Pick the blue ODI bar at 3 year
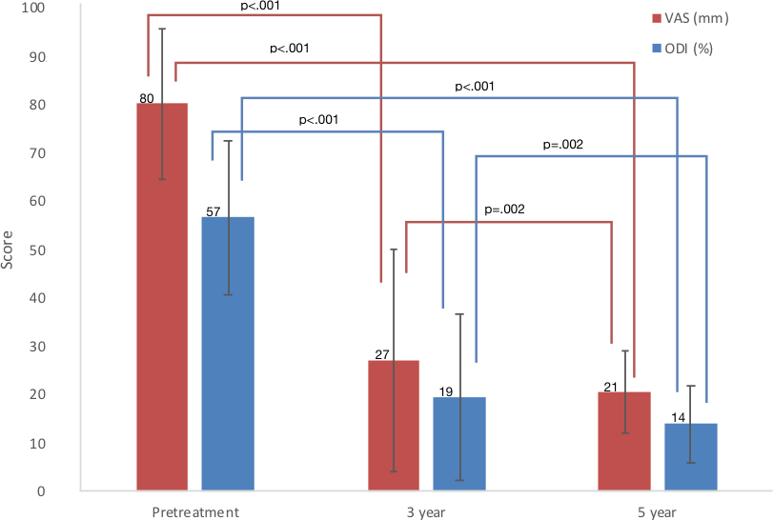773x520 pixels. (x=459, y=444)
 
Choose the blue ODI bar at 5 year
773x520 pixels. (x=690, y=457)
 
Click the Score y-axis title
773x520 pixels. (x=9, y=250)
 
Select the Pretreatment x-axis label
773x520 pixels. (x=194, y=512)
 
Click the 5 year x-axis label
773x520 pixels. (x=658, y=512)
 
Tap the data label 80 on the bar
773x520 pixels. (x=147, y=97)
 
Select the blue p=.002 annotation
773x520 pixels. (x=562, y=145)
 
